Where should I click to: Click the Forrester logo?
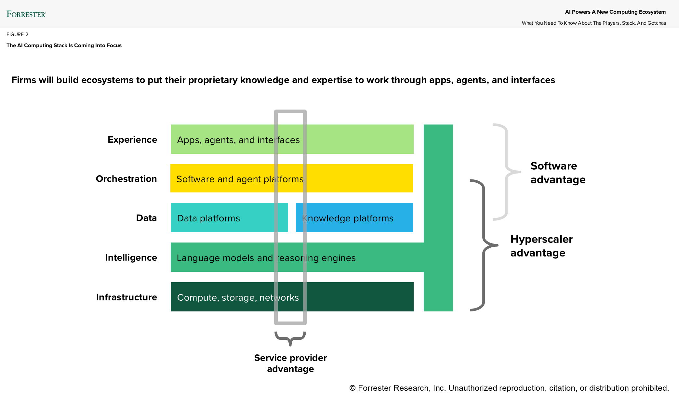coord(26,14)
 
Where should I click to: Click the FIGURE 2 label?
coord(17,34)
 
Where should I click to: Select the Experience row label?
coord(132,139)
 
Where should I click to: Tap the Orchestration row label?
coord(126,179)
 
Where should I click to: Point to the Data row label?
coord(146,218)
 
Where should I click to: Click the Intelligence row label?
coord(131,257)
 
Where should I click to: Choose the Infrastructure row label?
coord(126,297)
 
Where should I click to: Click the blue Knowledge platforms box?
coord(354,218)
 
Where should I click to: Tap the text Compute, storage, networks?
coord(238,297)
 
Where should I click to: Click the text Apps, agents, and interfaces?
coord(238,140)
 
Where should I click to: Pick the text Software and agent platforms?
coord(240,179)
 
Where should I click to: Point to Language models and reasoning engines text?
coord(266,258)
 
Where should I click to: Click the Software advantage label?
coord(558,173)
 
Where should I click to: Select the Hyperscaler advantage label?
coord(541,246)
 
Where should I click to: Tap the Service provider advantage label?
coord(290,363)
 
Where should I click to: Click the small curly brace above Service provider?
coord(290,338)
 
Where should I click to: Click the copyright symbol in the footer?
coord(352,388)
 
